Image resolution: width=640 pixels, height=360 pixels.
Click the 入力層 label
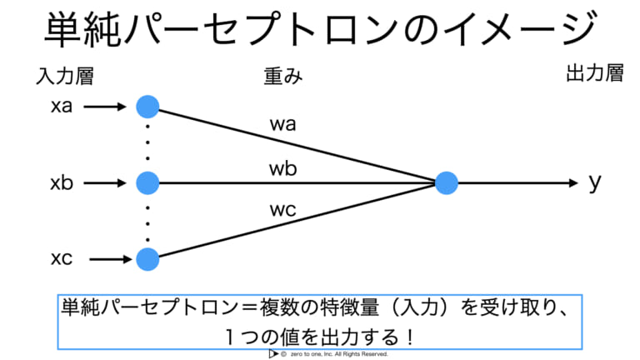point(65,77)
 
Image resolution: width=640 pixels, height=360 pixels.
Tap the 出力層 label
point(595,73)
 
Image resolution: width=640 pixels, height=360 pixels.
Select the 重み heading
point(283,77)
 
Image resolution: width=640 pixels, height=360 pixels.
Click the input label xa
point(62,106)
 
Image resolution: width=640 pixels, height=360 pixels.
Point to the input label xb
point(62,182)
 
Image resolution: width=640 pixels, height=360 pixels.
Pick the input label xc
point(62,258)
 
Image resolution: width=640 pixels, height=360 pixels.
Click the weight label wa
point(282,124)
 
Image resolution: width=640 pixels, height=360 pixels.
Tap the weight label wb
point(282,168)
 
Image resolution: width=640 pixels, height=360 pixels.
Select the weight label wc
point(282,210)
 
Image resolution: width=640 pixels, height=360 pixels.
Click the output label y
point(595,182)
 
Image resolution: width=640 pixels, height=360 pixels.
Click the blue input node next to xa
point(147,107)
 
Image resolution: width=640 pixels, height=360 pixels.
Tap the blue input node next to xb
point(147,182)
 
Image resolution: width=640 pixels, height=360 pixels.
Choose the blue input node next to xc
point(147,259)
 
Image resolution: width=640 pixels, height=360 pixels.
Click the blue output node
point(447,182)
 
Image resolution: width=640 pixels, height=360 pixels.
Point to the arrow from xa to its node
point(105,107)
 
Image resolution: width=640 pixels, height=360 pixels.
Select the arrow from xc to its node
point(111,259)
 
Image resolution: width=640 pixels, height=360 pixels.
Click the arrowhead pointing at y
point(574,182)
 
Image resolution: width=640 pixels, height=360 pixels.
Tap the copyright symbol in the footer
point(283,354)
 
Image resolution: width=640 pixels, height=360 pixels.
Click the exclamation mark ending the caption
point(411,337)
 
